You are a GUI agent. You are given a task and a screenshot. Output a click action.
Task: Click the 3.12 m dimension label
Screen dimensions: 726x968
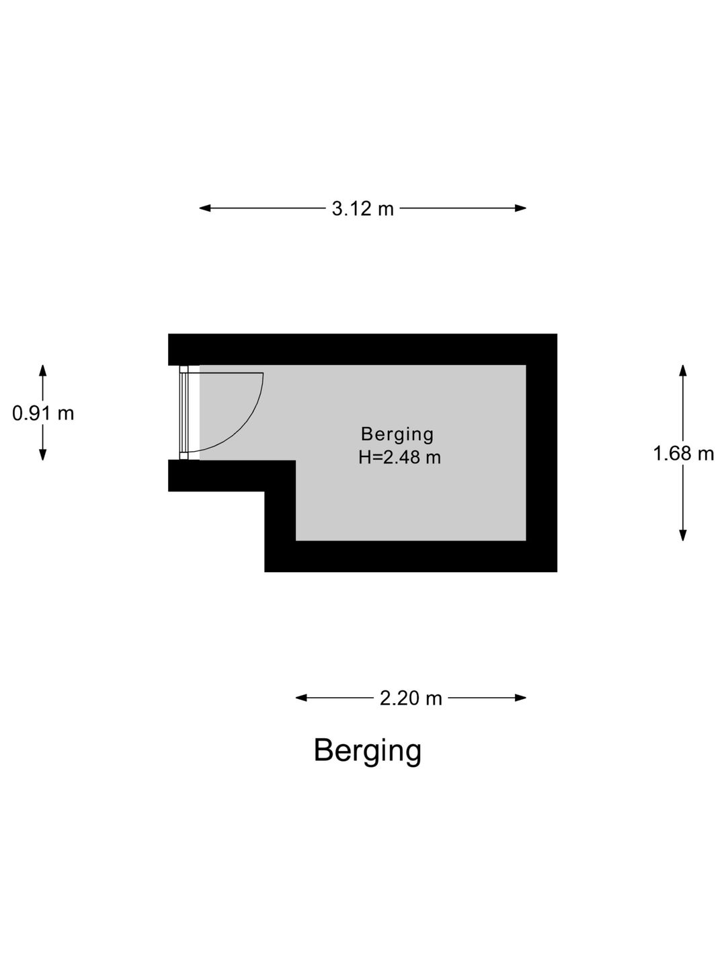tap(362, 208)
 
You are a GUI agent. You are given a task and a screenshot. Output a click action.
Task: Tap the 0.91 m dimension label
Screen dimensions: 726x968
tap(43, 413)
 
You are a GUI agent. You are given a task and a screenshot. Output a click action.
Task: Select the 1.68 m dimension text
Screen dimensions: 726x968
tap(683, 453)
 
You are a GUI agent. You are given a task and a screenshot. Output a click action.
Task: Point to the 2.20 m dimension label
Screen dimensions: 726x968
tap(410, 698)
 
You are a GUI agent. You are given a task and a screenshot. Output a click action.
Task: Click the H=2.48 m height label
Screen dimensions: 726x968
tap(399, 457)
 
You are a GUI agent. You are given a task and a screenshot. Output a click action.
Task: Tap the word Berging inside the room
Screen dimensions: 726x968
tap(397, 435)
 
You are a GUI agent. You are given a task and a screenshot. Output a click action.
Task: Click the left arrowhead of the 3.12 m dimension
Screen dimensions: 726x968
tap(204, 208)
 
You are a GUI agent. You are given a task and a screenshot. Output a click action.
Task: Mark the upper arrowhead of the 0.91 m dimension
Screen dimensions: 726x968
tap(43, 370)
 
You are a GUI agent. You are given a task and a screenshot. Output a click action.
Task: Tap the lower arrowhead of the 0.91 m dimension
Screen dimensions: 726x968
tap(43, 455)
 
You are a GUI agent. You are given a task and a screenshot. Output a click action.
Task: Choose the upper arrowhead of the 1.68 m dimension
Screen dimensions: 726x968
tap(683, 370)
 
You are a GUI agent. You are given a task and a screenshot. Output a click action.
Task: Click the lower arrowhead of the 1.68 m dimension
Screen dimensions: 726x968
tap(683, 535)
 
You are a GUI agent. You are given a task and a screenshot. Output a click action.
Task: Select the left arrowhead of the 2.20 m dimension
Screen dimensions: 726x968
tap(301, 698)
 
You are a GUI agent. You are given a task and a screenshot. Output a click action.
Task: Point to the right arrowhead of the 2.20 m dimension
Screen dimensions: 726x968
tap(520, 698)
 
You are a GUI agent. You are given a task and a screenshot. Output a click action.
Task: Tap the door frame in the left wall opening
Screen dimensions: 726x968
tap(184, 413)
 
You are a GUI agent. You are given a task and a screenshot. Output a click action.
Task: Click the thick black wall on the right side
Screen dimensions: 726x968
tap(542, 452)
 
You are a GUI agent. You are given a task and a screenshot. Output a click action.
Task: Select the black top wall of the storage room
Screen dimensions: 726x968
tap(363, 350)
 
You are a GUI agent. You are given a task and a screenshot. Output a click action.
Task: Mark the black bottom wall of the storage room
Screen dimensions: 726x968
tap(411, 556)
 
